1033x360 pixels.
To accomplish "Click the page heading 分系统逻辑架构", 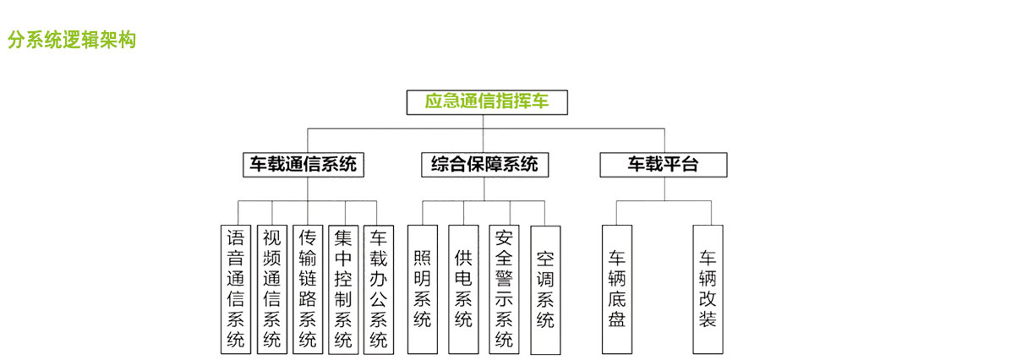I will pos(72,40).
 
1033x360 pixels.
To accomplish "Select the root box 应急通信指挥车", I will pos(486,102).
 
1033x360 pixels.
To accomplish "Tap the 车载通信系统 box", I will pos(303,164).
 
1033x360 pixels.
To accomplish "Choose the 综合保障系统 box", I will pos(484,164).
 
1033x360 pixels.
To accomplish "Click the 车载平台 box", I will pos(663,164).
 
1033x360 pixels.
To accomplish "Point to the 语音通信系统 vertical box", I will pos(236,288).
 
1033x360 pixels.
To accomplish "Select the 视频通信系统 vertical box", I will pos(271,288).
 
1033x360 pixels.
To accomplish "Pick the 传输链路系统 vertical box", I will pos(308,288).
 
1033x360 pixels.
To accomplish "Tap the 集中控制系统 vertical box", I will pos(343,288).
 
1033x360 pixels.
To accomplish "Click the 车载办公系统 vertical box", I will pos(379,288).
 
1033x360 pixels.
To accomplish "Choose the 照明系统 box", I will pos(422,288).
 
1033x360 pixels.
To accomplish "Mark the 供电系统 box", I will pos(463,288).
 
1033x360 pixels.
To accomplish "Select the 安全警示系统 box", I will pos(505,288).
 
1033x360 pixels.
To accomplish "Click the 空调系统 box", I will pos(545,288).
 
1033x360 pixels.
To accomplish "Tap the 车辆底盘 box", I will pos(617,288).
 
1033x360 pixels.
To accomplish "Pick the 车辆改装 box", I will pos(708,288).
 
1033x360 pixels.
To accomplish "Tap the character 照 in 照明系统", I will pos(422,257).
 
